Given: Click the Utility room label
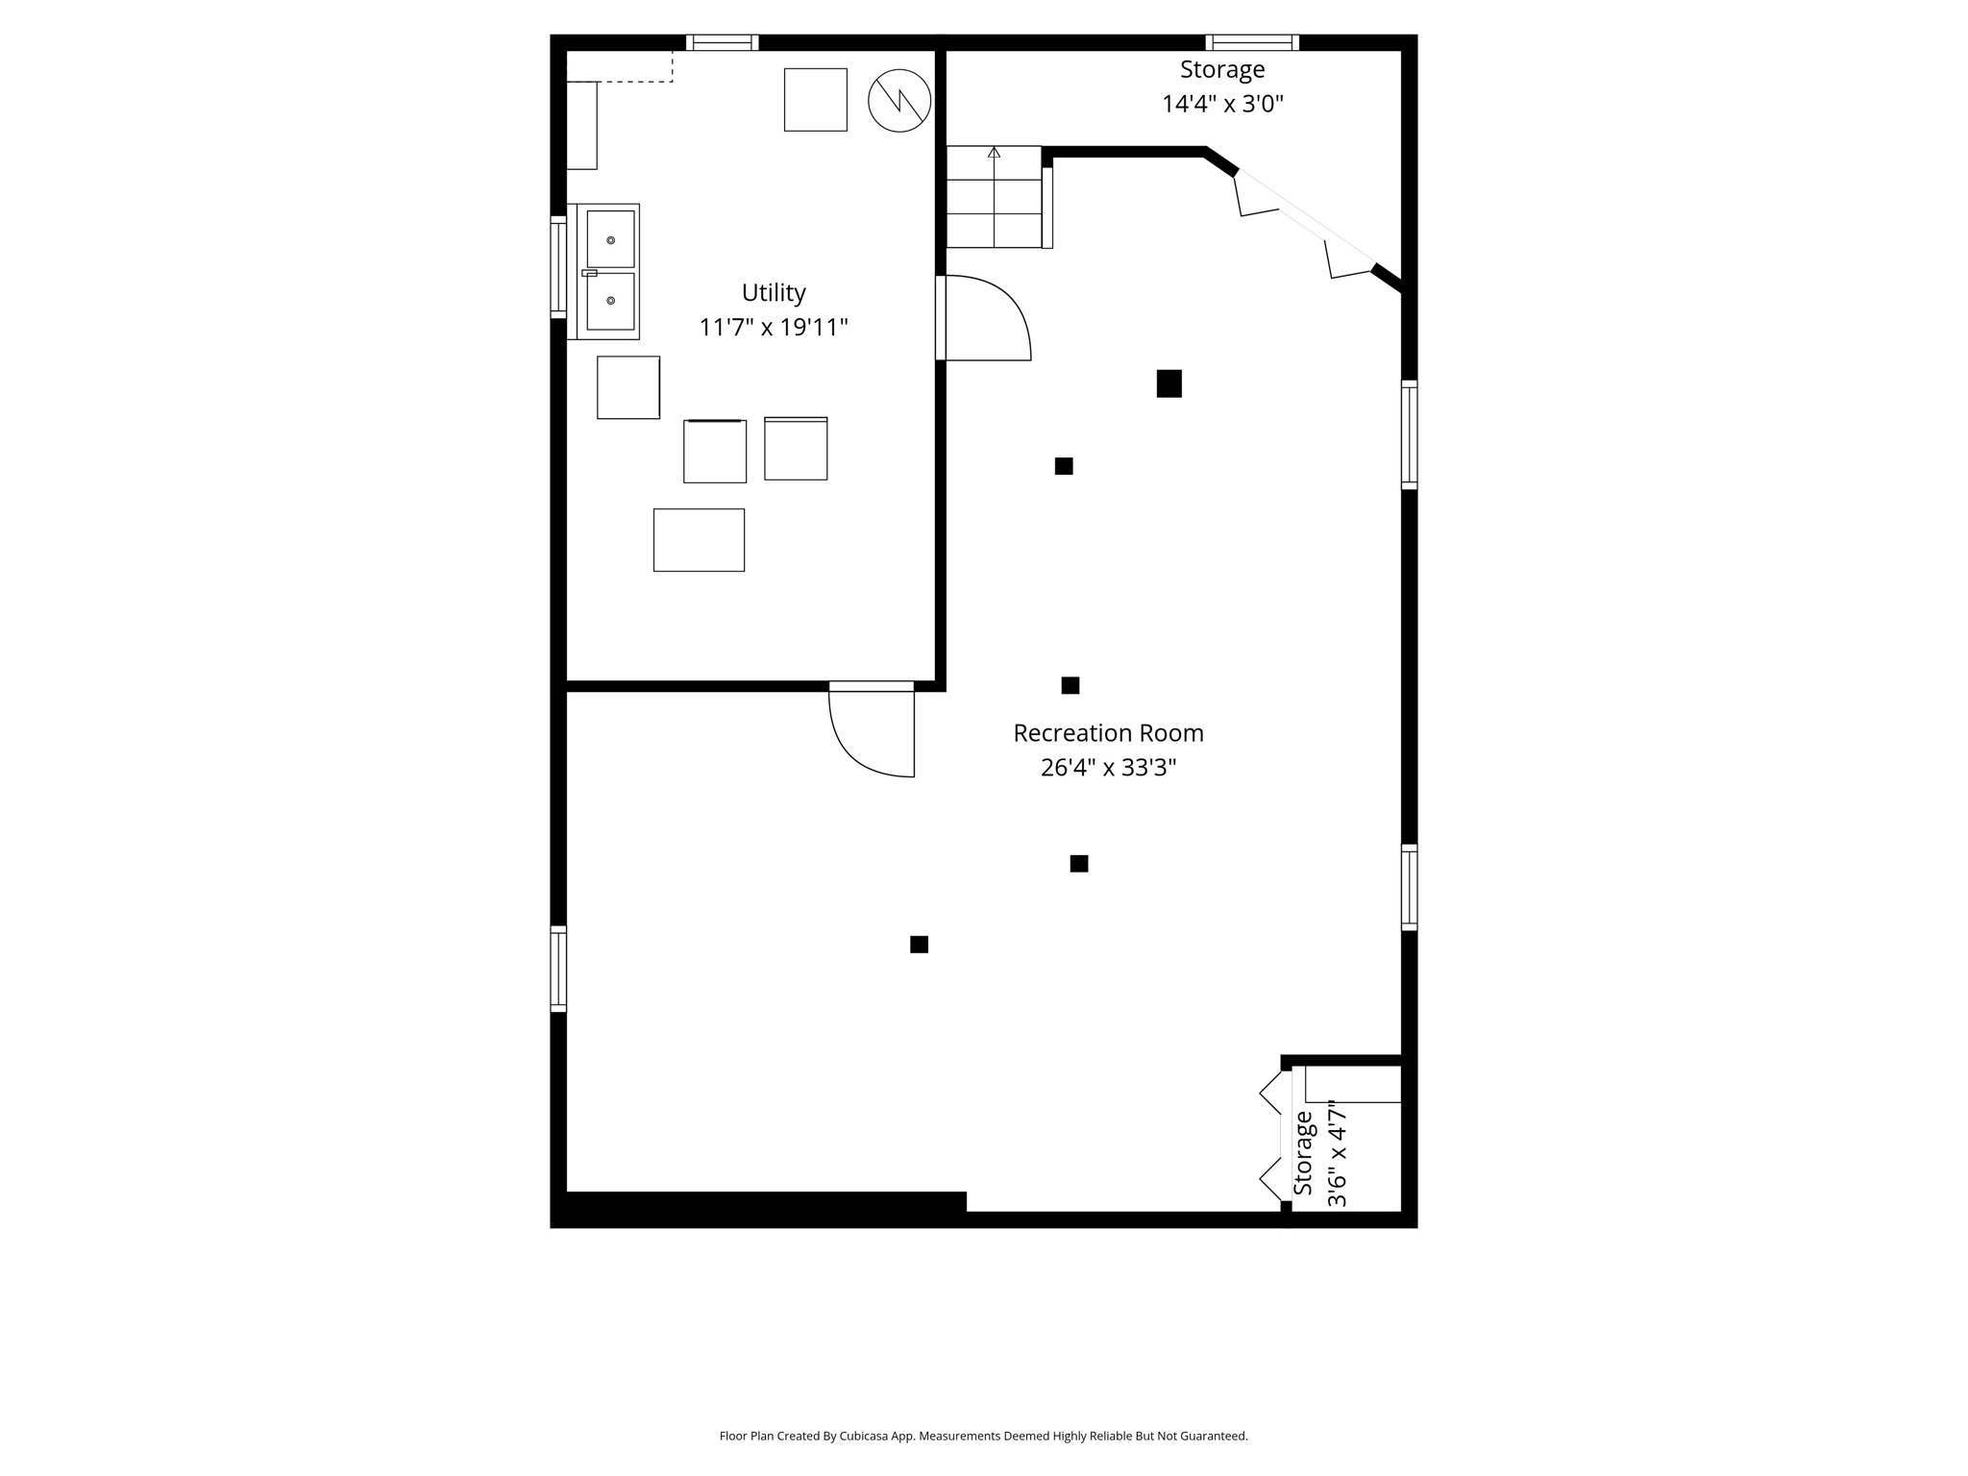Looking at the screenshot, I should pyautogui.click(x=773, y=292).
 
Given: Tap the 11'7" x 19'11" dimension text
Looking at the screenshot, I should pyautogui.click(x=773, y=328).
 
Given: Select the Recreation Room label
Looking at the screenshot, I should pyautogui.click(x=1107, y=733).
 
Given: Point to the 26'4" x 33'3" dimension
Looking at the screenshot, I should pyautogui.click(x=1107, y=768).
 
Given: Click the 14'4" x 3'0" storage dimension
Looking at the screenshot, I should pyautogui.click(x=1221, y=104).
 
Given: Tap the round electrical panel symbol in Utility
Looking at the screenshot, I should pyautogui.click(x=899, y=100).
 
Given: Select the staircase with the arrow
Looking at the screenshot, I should pyautogui.click(x=994, y=197).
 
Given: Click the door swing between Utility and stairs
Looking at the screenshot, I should pyautogui.click(x=985, y=318).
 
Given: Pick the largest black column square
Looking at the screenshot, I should pyautogui.click(x=1168, y=383).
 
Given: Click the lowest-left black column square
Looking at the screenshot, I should pyautogui.click(x=919, y=945).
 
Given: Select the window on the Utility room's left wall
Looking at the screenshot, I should pyautogui.click(x=557, y=267).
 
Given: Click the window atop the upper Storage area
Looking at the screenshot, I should pyautogui.click(x=1251, y=42).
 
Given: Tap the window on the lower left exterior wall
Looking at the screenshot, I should pyautogui.click(x=557, y=968).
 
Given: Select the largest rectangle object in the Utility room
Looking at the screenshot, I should pyautogui.click(x=699, y=540).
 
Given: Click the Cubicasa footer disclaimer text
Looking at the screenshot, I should pyautogui.click(x=983, y=1436).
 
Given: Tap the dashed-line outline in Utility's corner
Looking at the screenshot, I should pyautogui.click(x=620, y=67).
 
